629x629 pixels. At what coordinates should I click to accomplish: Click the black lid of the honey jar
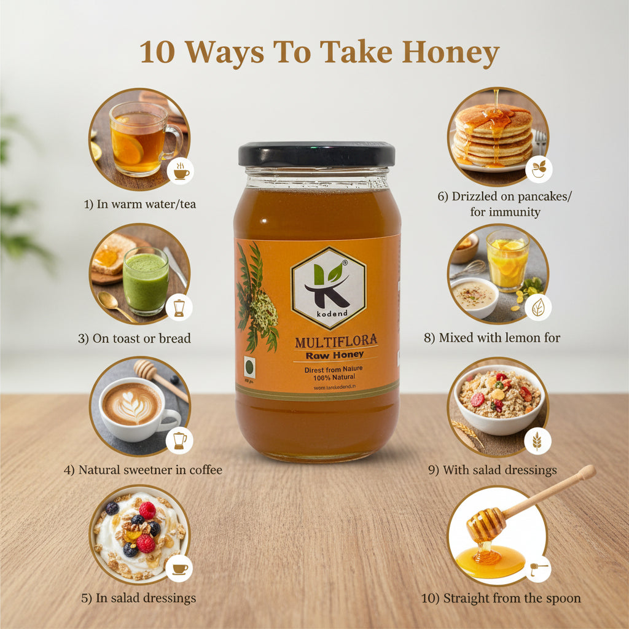coord(316,154)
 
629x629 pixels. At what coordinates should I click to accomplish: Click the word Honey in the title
coord(450,53)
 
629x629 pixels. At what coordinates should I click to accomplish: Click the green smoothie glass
coord(146,281)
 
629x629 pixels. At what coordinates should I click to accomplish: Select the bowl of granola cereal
coord(499,397)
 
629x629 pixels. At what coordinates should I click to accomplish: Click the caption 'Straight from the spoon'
coord(501,598)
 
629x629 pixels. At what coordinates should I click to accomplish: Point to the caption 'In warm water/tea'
coord(139,204)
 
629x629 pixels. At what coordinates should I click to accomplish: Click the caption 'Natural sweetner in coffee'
coord(143,470)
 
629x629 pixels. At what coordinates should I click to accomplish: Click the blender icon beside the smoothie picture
coord(179,307)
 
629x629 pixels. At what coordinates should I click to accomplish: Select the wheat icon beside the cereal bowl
coord(537,441)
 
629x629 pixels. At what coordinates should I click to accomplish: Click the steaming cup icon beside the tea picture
coord(181,171)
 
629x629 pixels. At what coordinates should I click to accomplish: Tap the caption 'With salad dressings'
coord(492,470)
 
